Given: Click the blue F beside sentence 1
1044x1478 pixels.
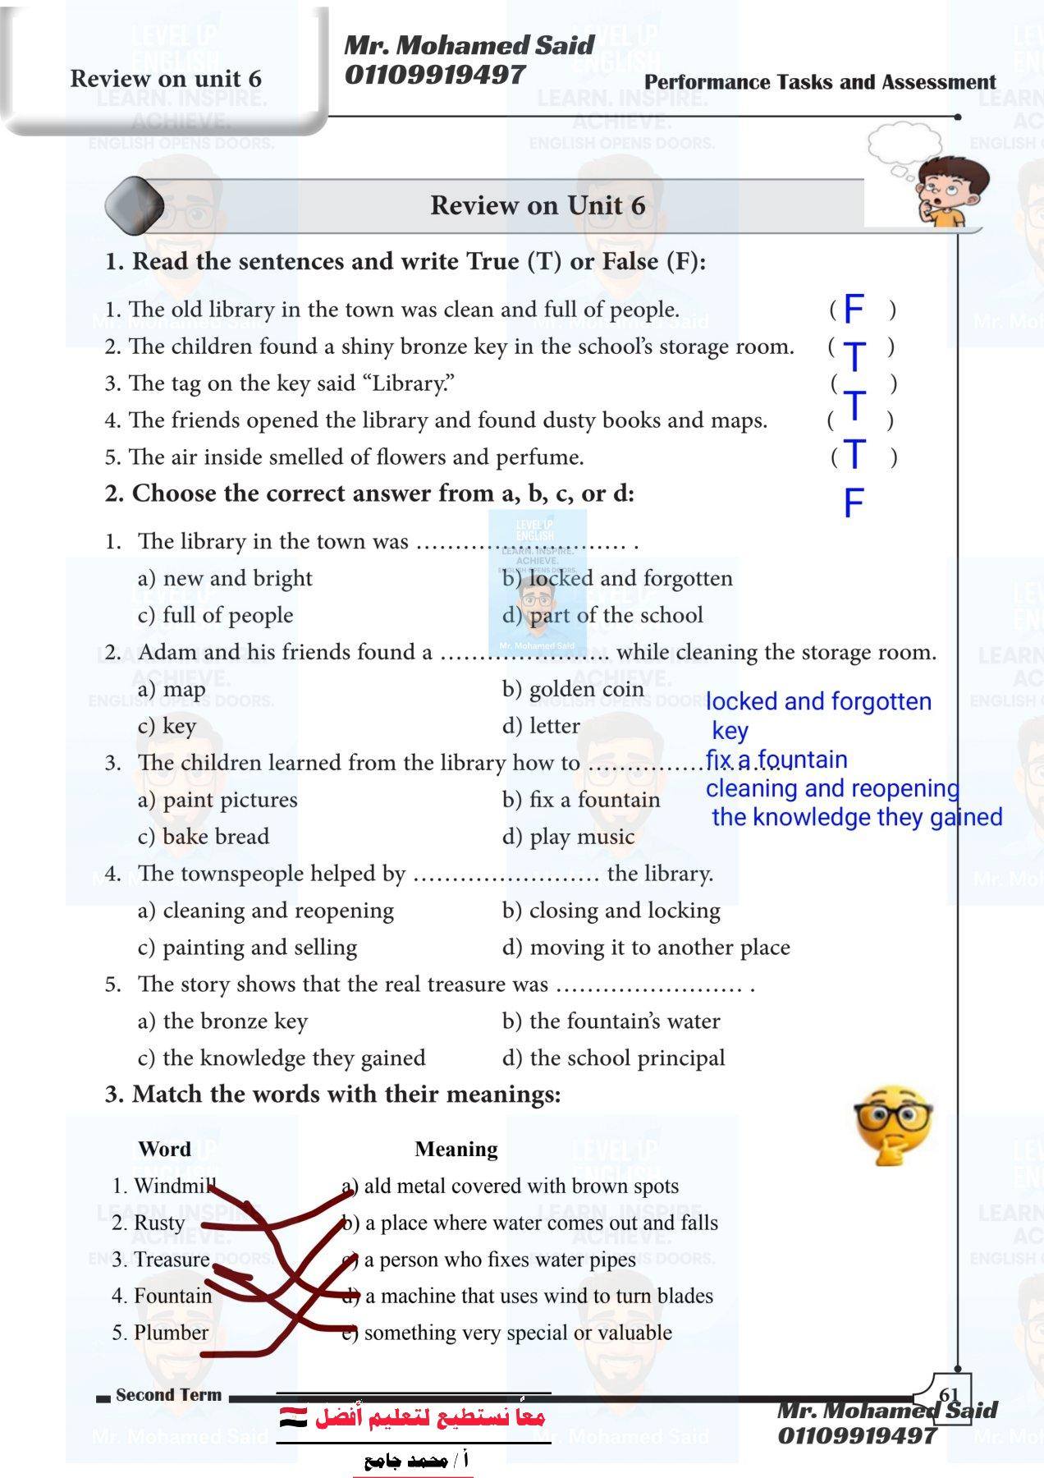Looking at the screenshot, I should click(x=854, y=310).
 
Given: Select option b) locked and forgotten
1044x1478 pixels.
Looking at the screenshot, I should click(x=617, y=578).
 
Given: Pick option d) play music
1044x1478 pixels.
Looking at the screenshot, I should click(x=569, y=837).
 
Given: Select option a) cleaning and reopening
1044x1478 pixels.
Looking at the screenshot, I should click(x=266, y=911).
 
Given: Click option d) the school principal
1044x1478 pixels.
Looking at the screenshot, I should click(x=614, y=1058).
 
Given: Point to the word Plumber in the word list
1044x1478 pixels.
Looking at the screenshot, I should click(x=171, y=1332).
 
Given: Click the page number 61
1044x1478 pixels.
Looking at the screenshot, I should click(x=949, y=1395).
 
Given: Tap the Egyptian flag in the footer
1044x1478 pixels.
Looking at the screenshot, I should click(x=293, y=1416).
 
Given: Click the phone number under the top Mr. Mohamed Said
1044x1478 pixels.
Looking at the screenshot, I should click(x=434, y=75).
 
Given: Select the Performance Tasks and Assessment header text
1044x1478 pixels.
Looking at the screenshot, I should click(x=819, y=82).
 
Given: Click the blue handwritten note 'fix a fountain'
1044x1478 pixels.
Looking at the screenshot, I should click(x=776, y=760).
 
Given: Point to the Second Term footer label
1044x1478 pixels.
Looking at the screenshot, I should click(x=168, y=1394).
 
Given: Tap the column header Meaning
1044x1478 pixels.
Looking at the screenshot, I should click(x=456, y=1149).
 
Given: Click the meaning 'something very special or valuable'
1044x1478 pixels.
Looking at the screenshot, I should click(x=517, y=1332).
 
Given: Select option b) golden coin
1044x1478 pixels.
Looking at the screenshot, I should click(x=573, y=689).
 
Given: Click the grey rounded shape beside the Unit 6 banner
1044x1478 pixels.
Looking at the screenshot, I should click(x=135, y=204).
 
